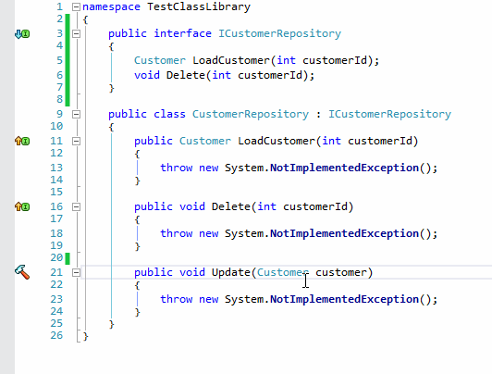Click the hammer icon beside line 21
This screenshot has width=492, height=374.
coord(22,272)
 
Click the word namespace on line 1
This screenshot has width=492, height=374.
coord(111,6)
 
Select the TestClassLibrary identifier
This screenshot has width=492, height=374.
coord(199,6)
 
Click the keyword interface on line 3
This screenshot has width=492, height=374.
coord(182,33)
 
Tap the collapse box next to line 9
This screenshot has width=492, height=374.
coord(76,114)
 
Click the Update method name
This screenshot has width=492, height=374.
coord(231,272)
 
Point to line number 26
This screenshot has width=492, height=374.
coord(56,335)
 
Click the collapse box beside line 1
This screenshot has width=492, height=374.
coord(76,6)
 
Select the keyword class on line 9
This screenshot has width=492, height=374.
coord(169,114)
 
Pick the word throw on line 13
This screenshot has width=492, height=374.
coord(176,168)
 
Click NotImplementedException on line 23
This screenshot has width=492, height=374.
coord(344,299)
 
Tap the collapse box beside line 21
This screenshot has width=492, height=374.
coord(76,272)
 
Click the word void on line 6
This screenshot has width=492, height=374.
coord(147,75)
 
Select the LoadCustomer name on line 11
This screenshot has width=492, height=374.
coord(277,141)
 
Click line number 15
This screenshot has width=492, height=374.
coord(56,192)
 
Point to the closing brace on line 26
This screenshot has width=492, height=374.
coord(86,337)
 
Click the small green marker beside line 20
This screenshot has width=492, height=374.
coord(68,258)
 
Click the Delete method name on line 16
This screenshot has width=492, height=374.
coord(231,206)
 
